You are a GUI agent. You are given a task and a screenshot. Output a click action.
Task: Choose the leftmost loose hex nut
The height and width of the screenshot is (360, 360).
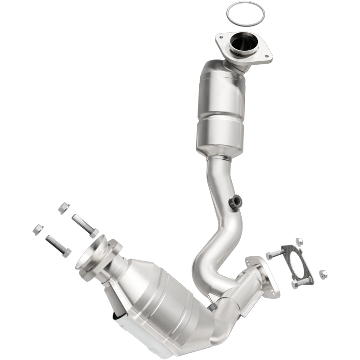[x=38, y=229]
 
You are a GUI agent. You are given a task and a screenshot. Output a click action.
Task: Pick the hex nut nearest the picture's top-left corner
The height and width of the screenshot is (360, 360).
[x=64, y=207]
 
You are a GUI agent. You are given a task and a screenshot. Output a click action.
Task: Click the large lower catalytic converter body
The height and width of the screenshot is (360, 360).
[x=162, y=292]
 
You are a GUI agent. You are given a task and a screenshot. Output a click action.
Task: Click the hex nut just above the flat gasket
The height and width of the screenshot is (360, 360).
[x=299, y=242]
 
